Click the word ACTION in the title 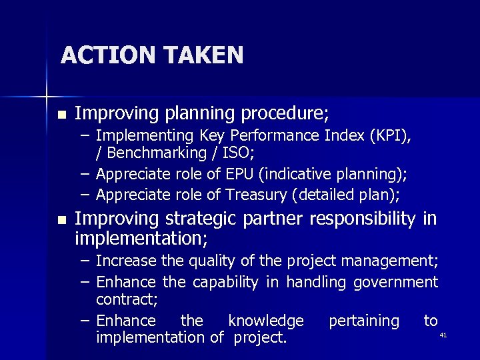point(100,55)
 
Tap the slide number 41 point(443,335)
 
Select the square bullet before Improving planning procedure point(62,115)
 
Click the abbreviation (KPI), point(389,136)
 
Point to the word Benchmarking point(151,153)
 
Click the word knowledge point(265,321)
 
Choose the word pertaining point(363,321)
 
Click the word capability point(225,282)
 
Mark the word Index point(342,136)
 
